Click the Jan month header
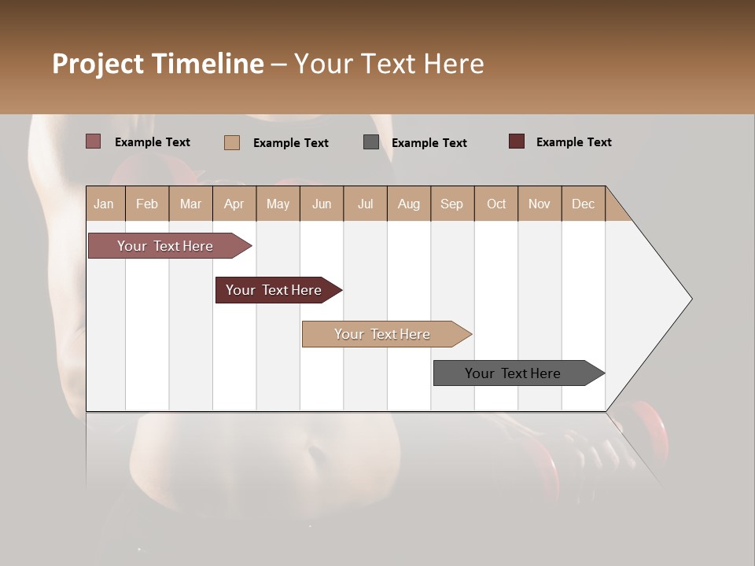pyautogui.click(x=104, y=204)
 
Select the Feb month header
pyautogui.click(x=147, y=204)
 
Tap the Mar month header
pyautogui.click(x=190, y=204)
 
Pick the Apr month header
pyautogui.click(x=234, y=204)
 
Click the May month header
pyautogui.click(x=278, y=204)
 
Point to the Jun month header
pyautogui.click(x=322, y=204)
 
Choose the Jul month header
pyautogui.click(x=365, y=204)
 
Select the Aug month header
pyautogui.click(x=408, y=204)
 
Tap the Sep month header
pyautogui.click(x=451, y=204)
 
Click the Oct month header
pyautogui.click(x=496, y=204)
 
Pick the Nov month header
pyautogui.click(x=540, y=204)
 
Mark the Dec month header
pyautogui.click(x=583, y=204)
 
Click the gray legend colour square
pyautogui.click(x=371, y=142)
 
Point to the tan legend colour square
pyautogui.click(x=232, y=142)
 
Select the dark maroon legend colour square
pyautogui.click(x=517, y=141)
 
